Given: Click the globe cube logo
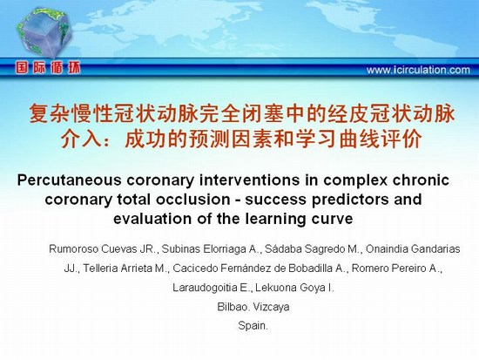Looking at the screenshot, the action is click(44, 31).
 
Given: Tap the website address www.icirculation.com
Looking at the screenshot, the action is click(418, 70).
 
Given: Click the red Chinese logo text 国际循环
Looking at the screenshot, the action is click(48, 68).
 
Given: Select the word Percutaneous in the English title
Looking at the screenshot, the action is click(70, 180).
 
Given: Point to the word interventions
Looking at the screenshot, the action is click(250, 180).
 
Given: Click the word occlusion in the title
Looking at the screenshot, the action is click(193, 200).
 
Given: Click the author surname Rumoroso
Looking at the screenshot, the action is click(73, 249).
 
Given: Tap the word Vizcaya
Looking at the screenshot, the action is click(271, 307).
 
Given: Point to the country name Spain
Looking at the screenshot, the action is click(253, 325).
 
